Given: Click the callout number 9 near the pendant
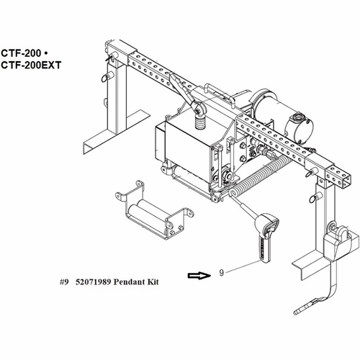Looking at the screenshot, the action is pyautogui.click(x=222, y=274).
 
